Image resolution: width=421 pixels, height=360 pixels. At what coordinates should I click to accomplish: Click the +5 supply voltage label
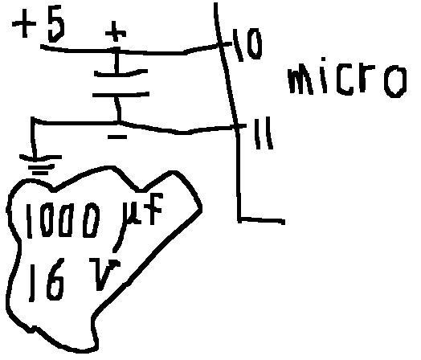coord(39,27)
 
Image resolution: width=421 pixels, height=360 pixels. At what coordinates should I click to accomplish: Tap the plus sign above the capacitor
coord(116,31)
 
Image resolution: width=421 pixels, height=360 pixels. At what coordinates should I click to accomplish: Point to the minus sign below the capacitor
coord(117,137)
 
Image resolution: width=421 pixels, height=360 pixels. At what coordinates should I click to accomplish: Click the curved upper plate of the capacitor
coord(121,73)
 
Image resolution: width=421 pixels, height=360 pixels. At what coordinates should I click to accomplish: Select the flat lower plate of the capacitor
coord(121,95)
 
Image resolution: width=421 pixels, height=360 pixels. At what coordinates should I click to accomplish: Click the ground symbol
coord(40,164)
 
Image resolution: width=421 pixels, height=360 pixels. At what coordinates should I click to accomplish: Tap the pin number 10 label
coord(247,45)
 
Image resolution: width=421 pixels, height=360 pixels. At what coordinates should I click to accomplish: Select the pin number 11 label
coord(264,133)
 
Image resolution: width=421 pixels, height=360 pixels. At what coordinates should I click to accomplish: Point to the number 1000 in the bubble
coord(63,220)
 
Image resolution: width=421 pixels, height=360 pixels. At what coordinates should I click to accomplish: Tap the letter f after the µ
coord(153,209)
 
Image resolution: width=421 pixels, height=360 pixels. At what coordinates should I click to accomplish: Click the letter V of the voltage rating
coord(104,274)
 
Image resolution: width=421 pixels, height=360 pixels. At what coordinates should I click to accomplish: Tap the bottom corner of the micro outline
coord(239,219)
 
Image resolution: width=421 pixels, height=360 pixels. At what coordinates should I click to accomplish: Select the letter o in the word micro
coord(395,81)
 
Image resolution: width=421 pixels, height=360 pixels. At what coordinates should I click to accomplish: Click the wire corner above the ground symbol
coord(33,119)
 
